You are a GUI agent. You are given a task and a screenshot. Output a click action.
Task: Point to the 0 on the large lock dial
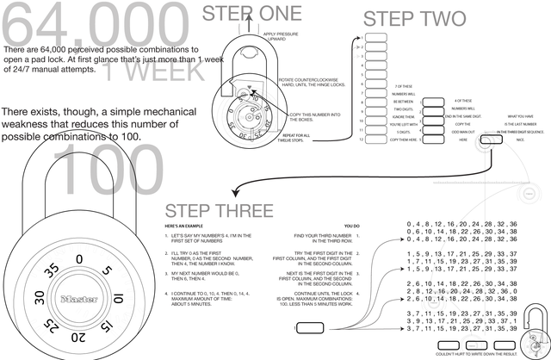[79, 258]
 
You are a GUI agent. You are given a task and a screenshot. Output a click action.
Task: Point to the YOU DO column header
[350, 226]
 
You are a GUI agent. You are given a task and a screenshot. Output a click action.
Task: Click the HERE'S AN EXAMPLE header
[186, 226]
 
